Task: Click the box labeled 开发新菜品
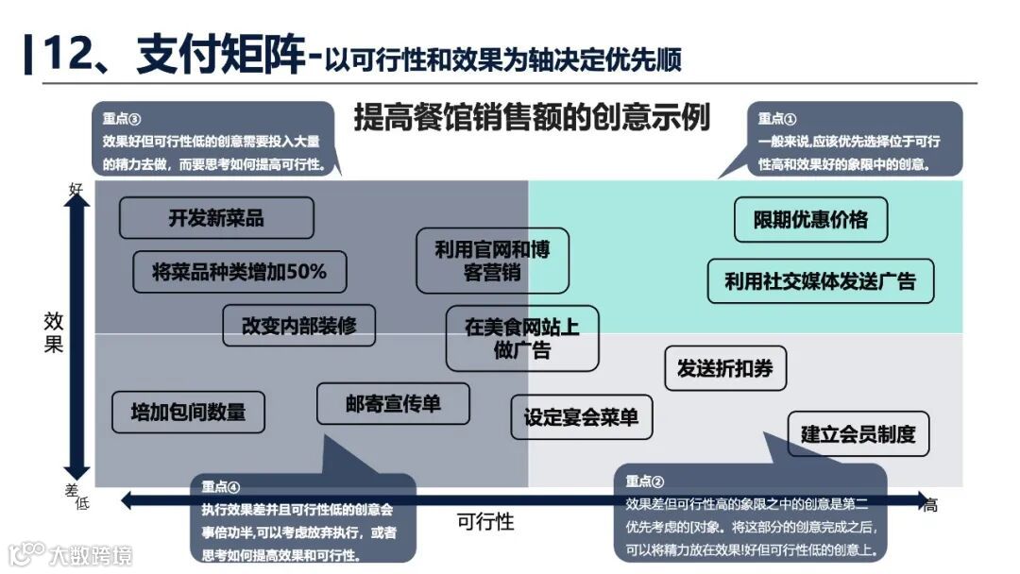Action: pyautogui.click(x=216, y=218)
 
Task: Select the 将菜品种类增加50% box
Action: pyautogui.click(x=240, y=272)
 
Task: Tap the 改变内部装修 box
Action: pyautogui.click(x=299, y=326)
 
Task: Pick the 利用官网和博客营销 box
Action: pyautogui.click(x=492, y=261)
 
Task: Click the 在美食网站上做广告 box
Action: pyautogui.click(x=522, y=338)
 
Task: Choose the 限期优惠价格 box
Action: pyautogui.click(x=810, y=220)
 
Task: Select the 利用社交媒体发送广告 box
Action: pyautogui.click(x=820, y=281)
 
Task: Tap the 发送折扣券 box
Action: pyautogui.click(x=725, y=369)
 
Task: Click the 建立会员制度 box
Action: pyautogui.click(x=858, y=434)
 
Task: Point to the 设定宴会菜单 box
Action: pyautogui.click(x=582, y=417)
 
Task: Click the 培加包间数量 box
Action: pyautogui.click(x=188, y=412)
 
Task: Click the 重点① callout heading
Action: pyautogui.click(x=777, y=119)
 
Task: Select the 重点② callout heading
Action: pyautogui.click(x=645, y=481)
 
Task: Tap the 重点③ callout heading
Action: pyautogui.click(x=122, y=119)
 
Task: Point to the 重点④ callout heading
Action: pyautogui.click(x=221, y=487)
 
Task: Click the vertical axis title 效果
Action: pyautogui.click(x=54, y=331)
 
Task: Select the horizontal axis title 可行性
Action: pyautogui.click(x=485, y=521)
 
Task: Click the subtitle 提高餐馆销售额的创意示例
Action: pyautogui.click(x=532, y=118)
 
